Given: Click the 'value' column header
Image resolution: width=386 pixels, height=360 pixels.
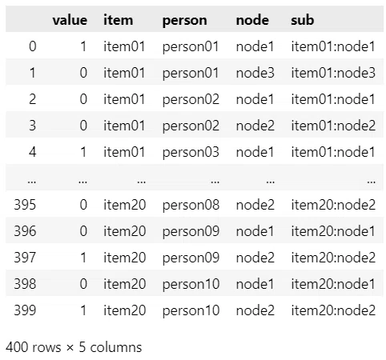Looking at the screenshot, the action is click(70, 20).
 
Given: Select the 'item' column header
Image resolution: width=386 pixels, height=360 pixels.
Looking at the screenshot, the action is click(118, 20).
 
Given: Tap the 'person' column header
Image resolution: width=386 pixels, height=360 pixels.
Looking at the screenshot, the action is click(184, 21).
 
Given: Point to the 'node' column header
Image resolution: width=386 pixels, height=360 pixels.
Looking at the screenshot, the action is click(252, 20).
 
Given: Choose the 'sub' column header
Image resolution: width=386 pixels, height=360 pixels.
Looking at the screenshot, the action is click(302, 20).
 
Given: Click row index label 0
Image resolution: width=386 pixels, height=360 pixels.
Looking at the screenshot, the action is click(33, 46).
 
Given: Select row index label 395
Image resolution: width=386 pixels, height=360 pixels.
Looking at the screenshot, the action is click(25, 205).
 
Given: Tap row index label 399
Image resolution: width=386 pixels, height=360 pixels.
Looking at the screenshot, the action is click(25, 310).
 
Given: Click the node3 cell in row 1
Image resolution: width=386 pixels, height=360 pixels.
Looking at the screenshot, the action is click(255, 73).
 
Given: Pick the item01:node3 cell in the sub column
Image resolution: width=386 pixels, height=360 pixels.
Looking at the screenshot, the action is click(333, 73).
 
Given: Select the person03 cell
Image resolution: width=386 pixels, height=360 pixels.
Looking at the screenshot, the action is click(191, 153).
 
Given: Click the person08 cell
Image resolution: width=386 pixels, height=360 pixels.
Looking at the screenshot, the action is click(191, 206).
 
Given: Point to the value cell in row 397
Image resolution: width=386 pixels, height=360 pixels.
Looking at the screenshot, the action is click(83, 258).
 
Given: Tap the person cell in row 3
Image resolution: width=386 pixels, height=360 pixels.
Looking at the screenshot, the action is click(191, 126).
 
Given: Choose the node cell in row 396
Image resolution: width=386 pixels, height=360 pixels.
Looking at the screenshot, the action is click(255, 231).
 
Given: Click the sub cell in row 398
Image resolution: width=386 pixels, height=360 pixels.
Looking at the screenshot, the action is click(333, 284).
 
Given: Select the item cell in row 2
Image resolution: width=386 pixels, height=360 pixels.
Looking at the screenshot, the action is click(124, 99).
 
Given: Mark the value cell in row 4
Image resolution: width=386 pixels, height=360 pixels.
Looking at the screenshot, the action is click(83, 152).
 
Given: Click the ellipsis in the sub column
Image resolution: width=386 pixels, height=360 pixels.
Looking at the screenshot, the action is click(371, 182).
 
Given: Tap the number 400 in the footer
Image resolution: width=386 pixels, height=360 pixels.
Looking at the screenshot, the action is click(17, 347).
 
